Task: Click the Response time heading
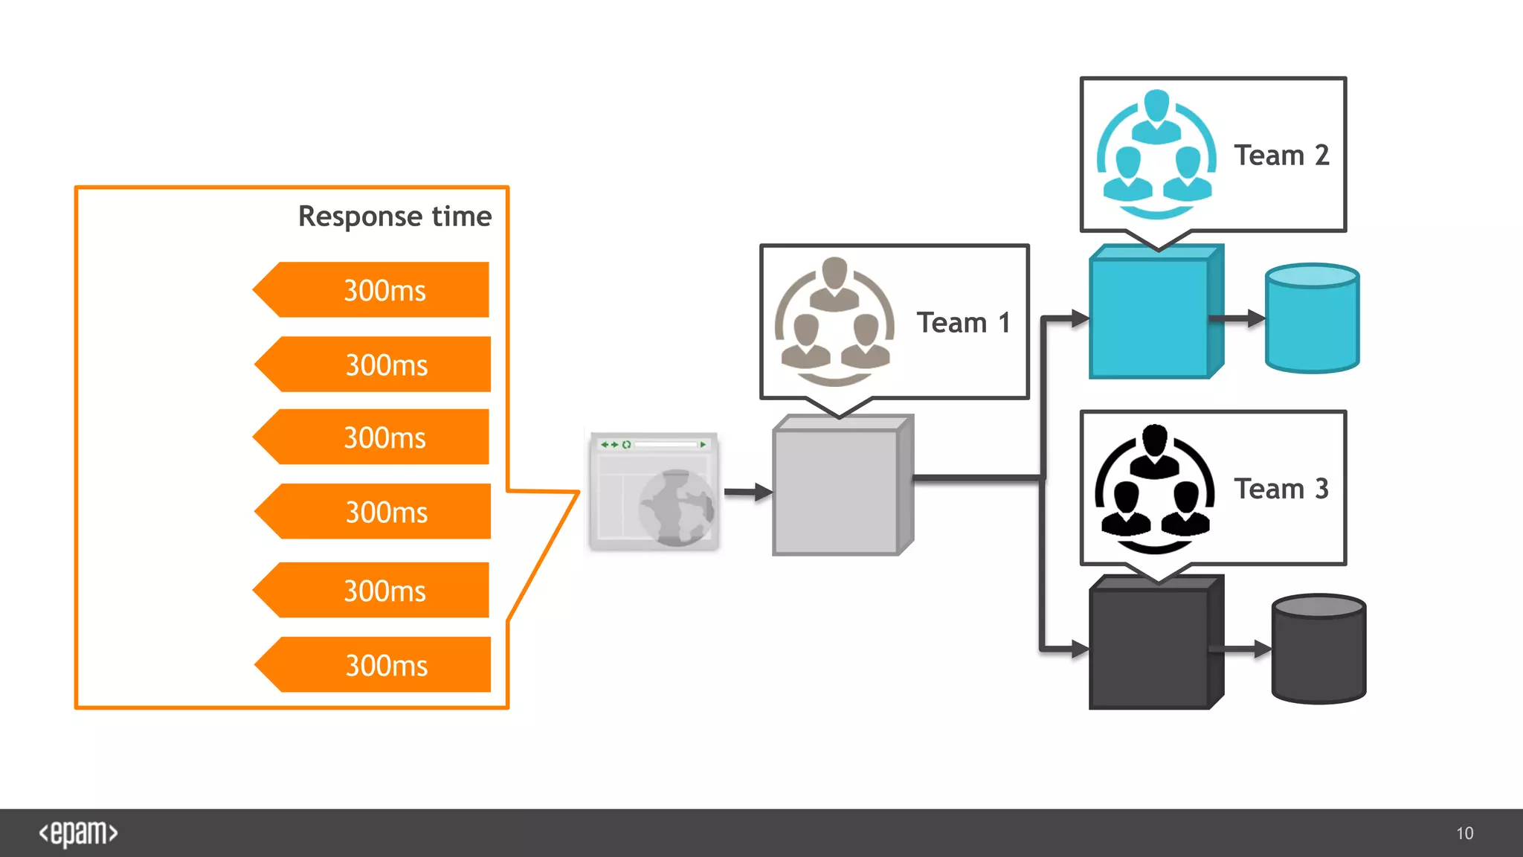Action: [x=394, y=216]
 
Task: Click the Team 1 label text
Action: [x=963, y=323]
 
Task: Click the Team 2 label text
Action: [x=1281, y=155]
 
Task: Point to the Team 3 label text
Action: [x=1281, y=489]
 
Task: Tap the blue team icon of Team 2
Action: [x=1156, y=154]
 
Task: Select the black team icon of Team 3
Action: [x=1154, y=488]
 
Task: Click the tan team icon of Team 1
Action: [x=834, y=321]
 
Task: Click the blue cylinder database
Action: [x=1312, y=318]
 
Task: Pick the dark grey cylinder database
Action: [x=1318, y=649]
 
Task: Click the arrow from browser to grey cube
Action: [x=748, y=492]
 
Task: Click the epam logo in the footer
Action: [x=78, y=833]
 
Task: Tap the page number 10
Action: [x=1464, y=833]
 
